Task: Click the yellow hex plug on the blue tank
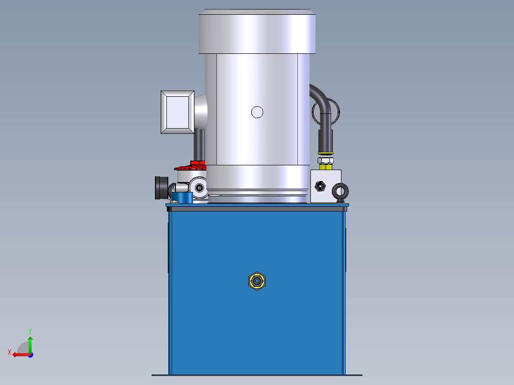coord(257,281)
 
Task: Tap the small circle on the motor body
coord(257,112)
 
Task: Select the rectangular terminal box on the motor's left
coord(177,112)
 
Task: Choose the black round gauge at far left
coord(161,187)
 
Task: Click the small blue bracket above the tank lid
coord(181,197)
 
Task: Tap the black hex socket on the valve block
coord(320,185)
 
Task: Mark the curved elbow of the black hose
coord(320,97)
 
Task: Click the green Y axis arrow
coord(30,342)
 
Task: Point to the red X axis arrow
coord(19,354)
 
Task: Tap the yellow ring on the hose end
coord(326,152)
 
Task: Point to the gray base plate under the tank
coord(257,375)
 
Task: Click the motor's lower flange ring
coord(257,193)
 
